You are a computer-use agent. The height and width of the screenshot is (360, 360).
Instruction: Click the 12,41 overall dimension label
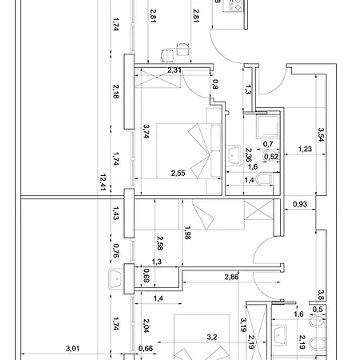(x=103, y=182)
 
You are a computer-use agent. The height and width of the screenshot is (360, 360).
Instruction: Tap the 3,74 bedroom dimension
(x=146, y=131)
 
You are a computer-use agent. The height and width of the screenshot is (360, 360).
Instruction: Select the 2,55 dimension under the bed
(x=178, y=174)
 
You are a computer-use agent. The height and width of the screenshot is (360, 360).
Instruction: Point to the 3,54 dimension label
(x=321, y=134)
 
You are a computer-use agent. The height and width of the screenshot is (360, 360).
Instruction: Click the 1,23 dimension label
(x=305, y=149)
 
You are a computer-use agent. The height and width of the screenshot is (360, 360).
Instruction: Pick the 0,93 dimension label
(x=300, y=204)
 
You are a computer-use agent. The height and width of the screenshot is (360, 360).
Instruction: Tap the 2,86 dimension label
(x=231, y=277)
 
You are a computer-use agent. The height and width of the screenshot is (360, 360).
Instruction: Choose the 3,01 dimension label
(x=73, y=349)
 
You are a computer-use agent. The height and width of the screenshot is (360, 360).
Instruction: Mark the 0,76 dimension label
(x=116, y=250)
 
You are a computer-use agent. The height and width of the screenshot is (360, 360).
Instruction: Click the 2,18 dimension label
(x=116, y=91)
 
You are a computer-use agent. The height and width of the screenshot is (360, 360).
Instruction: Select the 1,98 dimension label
(x=187, y=233)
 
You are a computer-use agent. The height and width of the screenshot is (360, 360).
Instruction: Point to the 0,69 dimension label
(x=146, y=275)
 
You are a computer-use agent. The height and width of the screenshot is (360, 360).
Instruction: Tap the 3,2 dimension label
(x=212, y=337)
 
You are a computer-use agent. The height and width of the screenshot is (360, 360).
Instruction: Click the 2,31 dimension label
(x=174, y=70)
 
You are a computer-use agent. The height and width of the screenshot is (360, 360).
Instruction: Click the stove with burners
(x=233, y=6)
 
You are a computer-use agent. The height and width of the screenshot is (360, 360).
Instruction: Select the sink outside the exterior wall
(x=115, y=279)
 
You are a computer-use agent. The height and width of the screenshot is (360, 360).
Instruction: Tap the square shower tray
(x=268, y=126)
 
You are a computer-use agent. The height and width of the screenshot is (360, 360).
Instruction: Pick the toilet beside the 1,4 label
(x=263, y=179)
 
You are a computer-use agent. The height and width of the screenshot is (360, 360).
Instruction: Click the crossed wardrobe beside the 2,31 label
(x=158, y=78)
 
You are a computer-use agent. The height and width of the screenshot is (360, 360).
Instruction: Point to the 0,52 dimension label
(x=271, y=157)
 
